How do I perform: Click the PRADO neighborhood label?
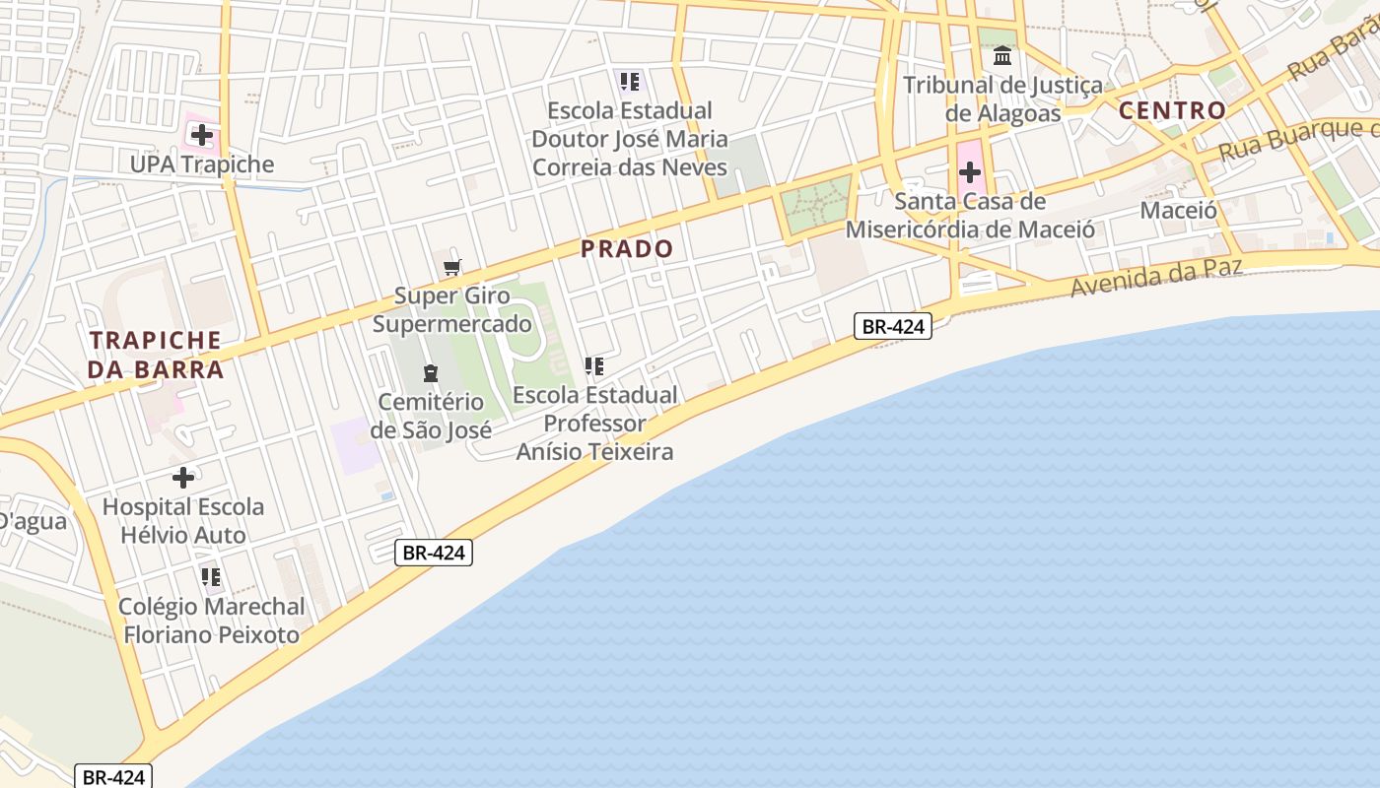[627, 249]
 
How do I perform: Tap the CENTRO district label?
[1172, 110]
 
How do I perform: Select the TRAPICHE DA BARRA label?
[156, 355]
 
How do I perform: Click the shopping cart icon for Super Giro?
[452, 267]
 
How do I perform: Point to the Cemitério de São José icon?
[431, 373]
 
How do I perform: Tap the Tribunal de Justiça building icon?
[1002, 56]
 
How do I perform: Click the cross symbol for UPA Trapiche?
[202, 135]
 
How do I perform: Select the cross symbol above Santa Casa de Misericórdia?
[970, 173]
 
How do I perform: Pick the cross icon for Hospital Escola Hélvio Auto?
[182, 479]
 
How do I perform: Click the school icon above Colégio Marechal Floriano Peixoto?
[210, 577]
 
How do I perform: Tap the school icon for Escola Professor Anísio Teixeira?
[593, 367]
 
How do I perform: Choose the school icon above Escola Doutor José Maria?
[629, 81]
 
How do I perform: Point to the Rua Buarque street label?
[1296, 140]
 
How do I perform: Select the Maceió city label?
[1178, 210]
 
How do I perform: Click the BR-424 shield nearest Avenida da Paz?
[892, 326]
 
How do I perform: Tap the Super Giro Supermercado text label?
[452, 309]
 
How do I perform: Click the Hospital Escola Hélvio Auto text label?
[183, 521]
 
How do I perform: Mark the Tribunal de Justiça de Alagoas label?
[1002, 98]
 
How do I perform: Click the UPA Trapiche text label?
[202, 164]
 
